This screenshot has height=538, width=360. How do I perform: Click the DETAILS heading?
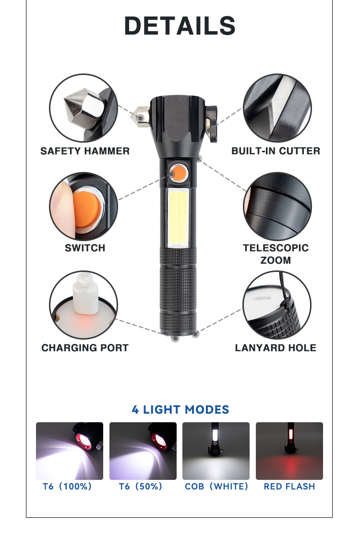click(180, 26)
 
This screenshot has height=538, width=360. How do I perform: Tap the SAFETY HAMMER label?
click(85, 151)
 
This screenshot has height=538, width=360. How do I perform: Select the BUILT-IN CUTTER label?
click(276, 151)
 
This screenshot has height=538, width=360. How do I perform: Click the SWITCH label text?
click(85, 248)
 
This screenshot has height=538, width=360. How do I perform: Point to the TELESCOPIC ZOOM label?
click(276, 254)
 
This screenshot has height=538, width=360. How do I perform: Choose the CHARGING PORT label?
click(85, 348)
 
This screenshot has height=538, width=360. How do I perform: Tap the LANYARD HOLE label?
click(276, 348)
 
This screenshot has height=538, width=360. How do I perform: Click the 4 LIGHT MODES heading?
click(180, 410)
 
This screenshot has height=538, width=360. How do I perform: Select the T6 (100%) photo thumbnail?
click(70, 451)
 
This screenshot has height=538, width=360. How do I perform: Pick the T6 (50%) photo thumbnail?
click(143, 451)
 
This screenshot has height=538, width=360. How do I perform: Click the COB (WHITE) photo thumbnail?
click(216, 451)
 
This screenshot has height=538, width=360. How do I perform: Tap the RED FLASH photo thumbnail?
click(289, 451)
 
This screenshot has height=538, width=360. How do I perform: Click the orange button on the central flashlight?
click(178, 173)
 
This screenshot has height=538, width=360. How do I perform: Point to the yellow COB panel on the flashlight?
click(178, 218)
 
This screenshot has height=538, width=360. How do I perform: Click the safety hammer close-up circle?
click(84, 108)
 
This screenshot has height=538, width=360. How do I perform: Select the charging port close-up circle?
click(84, 305)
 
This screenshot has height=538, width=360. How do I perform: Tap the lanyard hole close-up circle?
click(277, 305)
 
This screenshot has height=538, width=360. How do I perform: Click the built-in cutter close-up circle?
click(277, 108)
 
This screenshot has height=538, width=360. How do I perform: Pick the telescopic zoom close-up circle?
click(277, 207)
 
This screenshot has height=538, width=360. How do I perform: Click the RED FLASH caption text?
click(289, 487)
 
